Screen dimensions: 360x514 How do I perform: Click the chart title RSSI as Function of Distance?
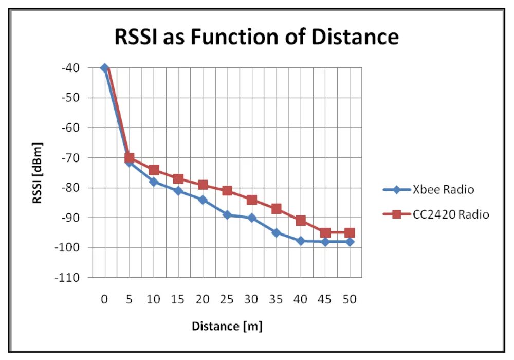tap(256, 37)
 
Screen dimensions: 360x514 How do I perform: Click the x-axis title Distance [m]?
tap(227, 326)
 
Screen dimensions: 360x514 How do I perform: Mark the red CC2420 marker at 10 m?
tap(154, 170)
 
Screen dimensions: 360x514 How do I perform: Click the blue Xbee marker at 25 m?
tap(227, 214)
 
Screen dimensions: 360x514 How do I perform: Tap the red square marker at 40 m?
tap(300, 221)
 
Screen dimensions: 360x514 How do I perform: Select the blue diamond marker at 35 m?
tap(276, 232)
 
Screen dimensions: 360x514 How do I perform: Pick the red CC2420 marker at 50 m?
tap(349, 232)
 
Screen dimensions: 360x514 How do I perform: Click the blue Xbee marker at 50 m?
tap(349, 242)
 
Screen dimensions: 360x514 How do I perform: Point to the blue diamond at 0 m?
tap(105, 67)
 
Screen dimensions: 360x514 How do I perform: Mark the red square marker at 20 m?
tap(203, 185)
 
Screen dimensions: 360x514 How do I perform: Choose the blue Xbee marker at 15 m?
tap(178, 191)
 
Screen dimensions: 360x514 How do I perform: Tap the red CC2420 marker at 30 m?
tap(251, 200)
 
